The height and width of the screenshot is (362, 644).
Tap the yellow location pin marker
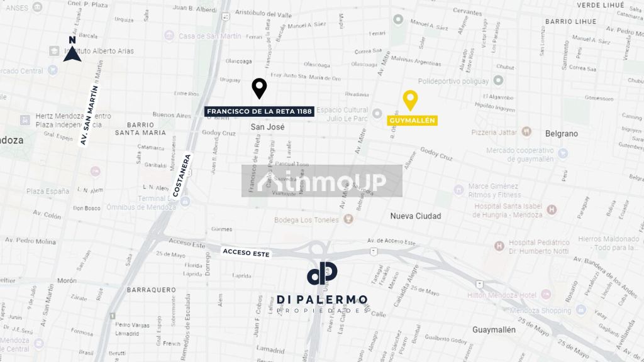[x=410, y=100]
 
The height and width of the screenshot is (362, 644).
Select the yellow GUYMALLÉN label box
[x=412, y=120]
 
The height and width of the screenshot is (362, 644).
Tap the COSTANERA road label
[x=182, y=176]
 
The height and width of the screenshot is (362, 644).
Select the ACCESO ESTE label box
[x=246, y=253]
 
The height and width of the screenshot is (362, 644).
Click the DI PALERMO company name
[x=322, y=300]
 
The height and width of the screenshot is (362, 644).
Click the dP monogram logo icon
[x=322, y=273]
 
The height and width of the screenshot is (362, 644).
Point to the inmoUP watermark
[x=322, y=181]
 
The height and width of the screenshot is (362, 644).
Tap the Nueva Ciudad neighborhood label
[x=416, y=216]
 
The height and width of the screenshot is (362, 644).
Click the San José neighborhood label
[x=268, y=127]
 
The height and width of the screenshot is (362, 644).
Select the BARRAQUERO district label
[x=151, y=290]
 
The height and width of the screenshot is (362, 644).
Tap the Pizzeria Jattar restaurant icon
[x=526, y=133]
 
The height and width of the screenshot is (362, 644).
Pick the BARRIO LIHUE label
[x=570, y=21]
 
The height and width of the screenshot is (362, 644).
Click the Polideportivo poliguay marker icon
[x=498, y=80]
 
